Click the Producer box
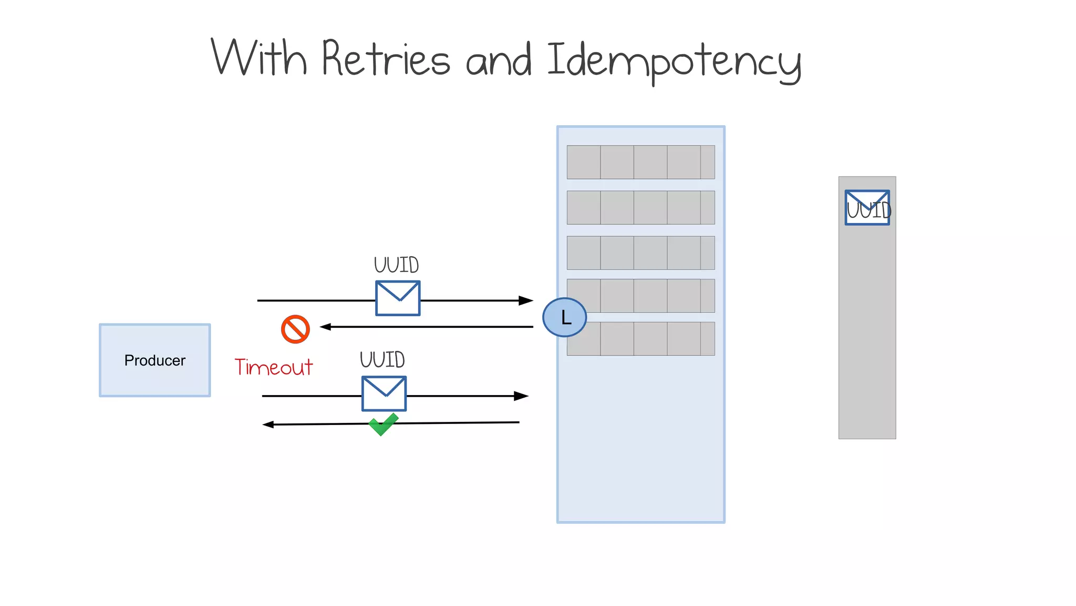point(155,360)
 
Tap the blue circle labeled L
point(564,317)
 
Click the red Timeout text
point(273,367)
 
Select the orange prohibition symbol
point(295,329)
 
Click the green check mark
point(383,424)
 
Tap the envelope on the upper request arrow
point(398,298)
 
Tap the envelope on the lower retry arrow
point(384,393)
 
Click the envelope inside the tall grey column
point(867,208)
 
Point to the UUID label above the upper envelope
point(396,265)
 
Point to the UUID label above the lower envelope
point(382,360)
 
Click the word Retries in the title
point(386,59)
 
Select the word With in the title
point(258,58)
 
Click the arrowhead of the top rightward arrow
point(526,300)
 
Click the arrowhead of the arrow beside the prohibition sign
point(326,327)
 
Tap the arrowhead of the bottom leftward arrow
point(268,425)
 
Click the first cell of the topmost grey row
point(584,162)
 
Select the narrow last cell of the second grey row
point(707,207)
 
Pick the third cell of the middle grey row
point(650,253)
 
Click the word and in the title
point(499,61)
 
